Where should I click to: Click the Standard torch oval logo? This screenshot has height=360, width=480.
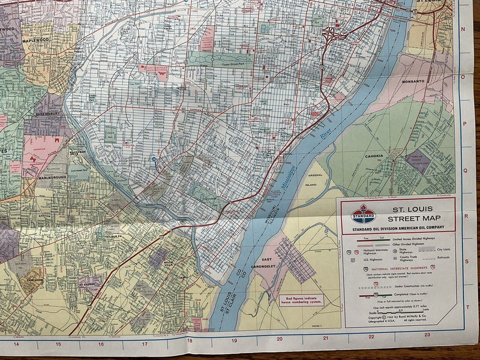363,214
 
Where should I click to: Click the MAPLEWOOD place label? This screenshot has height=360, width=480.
37,41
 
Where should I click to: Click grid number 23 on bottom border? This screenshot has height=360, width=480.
427,335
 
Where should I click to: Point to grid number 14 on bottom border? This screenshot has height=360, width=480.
16,344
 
